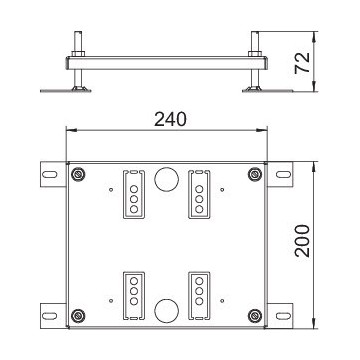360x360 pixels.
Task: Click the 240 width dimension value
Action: [x=170, y=120]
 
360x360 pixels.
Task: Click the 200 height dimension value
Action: [x=303, y=241]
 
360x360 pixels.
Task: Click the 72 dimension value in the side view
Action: [x=303, y=63]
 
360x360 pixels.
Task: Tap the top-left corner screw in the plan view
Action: [x=78, y=174]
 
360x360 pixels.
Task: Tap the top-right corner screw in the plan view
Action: [x=255, y=174]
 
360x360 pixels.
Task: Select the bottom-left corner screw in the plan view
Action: [x=78, y=316]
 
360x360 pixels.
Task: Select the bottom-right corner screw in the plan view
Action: [x=255, y=316]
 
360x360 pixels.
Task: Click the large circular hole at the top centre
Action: [x=167, y=179]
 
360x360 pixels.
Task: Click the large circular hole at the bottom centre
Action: [x=167, y=310]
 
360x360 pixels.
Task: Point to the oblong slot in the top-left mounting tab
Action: [x=50, y=174]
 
